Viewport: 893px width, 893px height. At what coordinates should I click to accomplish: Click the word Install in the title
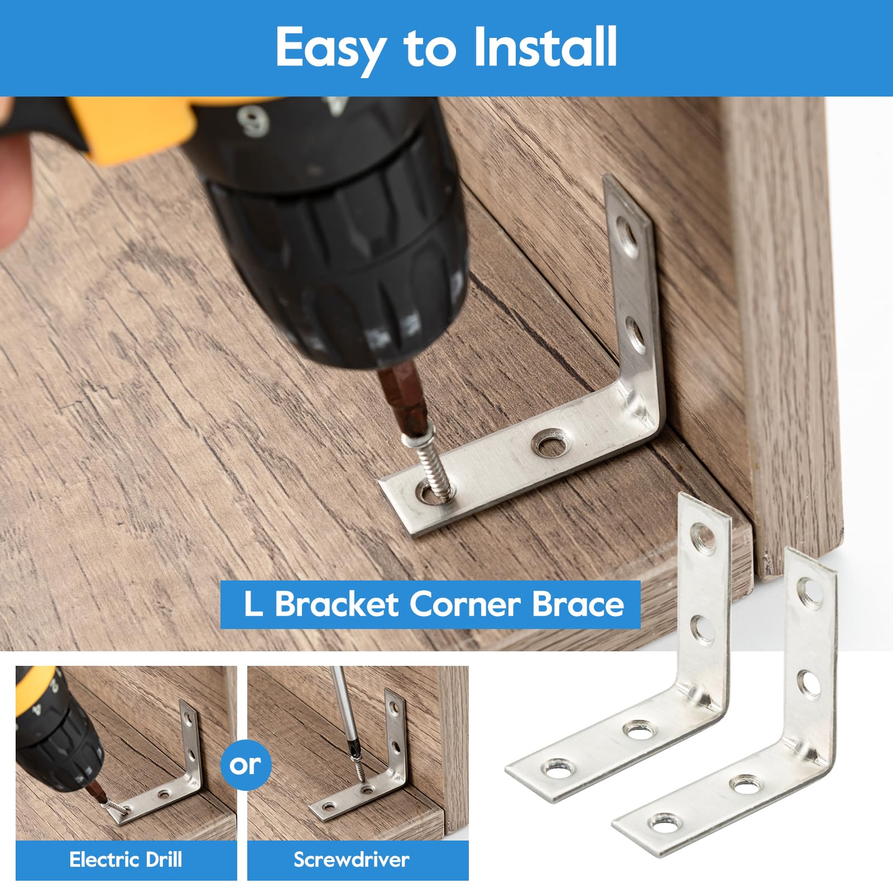[545, 47]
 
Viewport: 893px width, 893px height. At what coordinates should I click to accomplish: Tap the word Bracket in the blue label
[336, 604]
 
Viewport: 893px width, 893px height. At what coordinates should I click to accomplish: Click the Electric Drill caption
[126, 860]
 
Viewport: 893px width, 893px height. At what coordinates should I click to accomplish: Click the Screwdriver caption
[352, 860]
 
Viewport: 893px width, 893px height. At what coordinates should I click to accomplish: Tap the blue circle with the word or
[245, 765]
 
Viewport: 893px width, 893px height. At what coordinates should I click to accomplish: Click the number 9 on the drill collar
[254, 122]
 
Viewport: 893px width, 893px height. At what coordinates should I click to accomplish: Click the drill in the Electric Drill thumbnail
[56, 731]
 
